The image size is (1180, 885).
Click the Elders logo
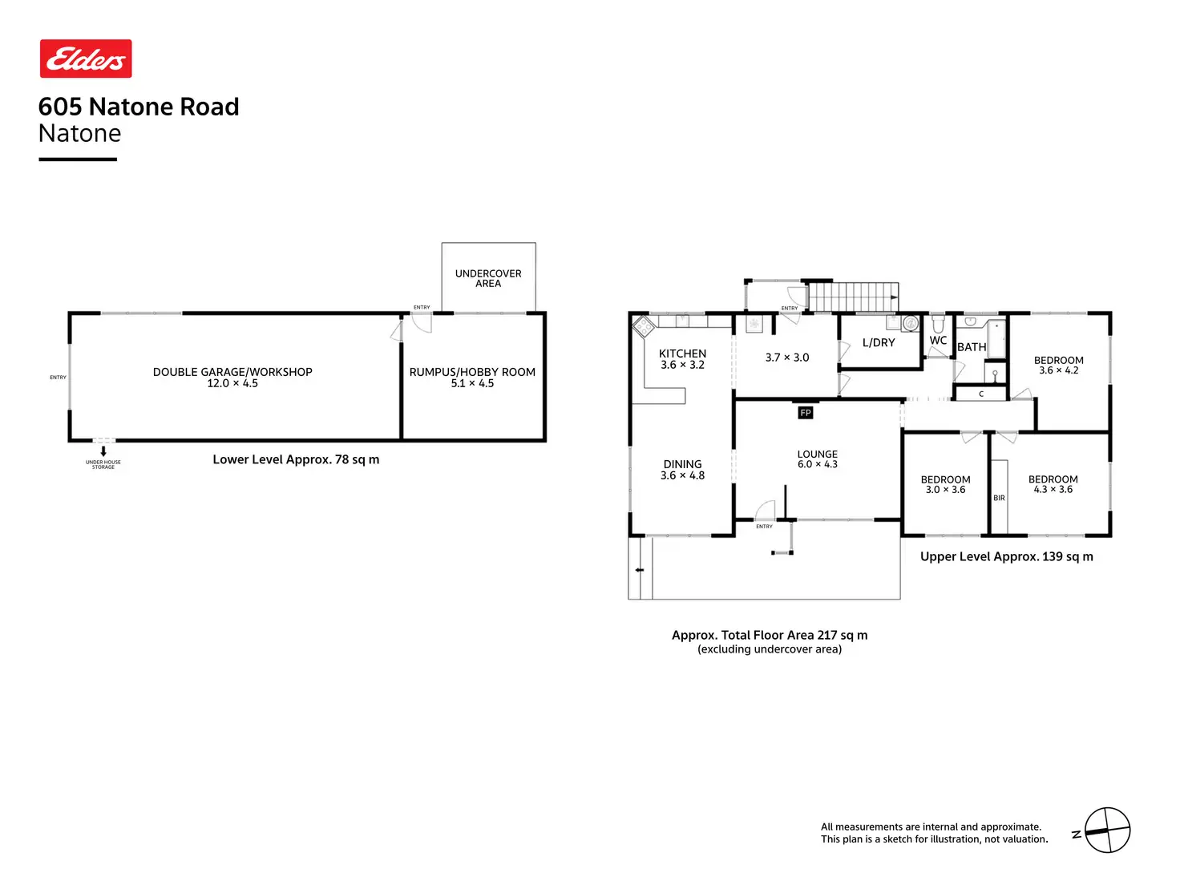coord(86,59)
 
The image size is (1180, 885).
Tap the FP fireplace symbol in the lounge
coord(806,413)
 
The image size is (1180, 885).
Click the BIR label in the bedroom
coord(999,498)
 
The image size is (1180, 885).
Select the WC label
coord(938,341)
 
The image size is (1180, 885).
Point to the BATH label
coord(972,347)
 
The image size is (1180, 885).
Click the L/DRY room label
coord(879,342)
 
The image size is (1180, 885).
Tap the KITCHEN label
coord(682,354)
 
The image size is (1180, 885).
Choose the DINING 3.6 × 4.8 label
coord(682,470)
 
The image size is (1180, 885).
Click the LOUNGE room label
coord(817,454)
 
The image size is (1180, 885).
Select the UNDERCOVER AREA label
coord(488,278)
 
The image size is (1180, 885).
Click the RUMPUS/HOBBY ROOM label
coord(472,372)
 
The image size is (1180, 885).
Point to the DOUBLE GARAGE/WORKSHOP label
coord(232,372)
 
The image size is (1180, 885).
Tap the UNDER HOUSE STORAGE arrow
coord(103,451)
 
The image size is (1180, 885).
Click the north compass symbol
coord(1107,830)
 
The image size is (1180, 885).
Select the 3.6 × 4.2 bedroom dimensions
coord(1058,371)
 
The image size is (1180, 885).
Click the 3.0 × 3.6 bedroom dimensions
coord(945,490)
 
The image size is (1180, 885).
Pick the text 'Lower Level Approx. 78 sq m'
coord(296,459)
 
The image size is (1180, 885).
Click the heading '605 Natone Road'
coord(139,107)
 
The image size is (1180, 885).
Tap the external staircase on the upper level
coord(853,297)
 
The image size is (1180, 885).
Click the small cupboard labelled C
coord(980,394)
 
